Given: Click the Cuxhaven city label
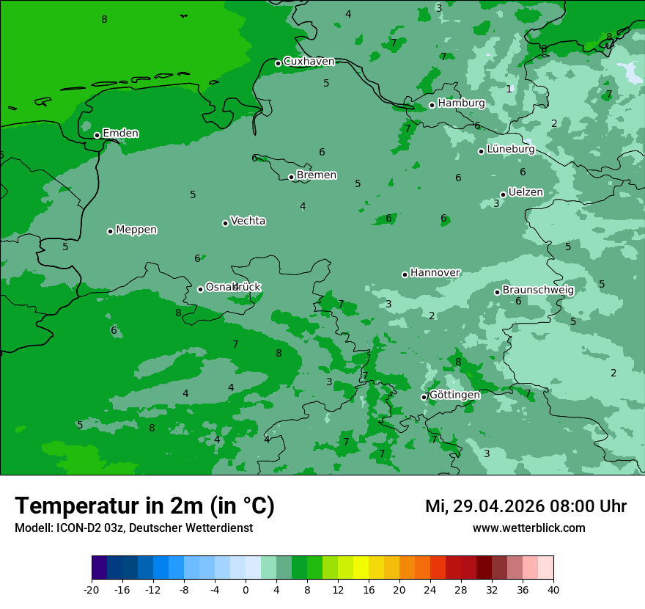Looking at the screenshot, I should (309, 62).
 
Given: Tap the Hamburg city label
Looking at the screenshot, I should (461, 103).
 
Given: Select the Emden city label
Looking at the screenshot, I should (120, 134).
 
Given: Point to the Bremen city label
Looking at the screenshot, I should (317, 175).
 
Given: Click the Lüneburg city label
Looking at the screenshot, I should (511, 150).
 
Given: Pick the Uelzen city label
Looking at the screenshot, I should (526, 193).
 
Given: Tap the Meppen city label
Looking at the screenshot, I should (136, 230).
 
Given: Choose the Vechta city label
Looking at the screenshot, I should (248, 221).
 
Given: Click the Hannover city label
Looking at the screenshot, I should (435, 273).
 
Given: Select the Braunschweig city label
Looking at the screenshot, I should (538, 291).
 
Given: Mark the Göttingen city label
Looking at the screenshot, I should (454, 395).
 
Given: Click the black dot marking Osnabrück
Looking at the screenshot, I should (200, 289).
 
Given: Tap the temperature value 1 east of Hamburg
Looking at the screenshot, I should (509, 89).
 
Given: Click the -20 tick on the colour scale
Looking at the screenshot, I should (92, 589).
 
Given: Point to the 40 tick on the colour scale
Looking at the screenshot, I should (553, 589).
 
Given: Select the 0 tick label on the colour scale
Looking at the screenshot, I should (246, 589).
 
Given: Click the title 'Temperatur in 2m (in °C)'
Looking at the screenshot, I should (144, 506).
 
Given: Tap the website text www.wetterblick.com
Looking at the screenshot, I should (528, 528).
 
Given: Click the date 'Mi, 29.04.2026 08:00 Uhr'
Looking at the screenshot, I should (526, 506).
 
